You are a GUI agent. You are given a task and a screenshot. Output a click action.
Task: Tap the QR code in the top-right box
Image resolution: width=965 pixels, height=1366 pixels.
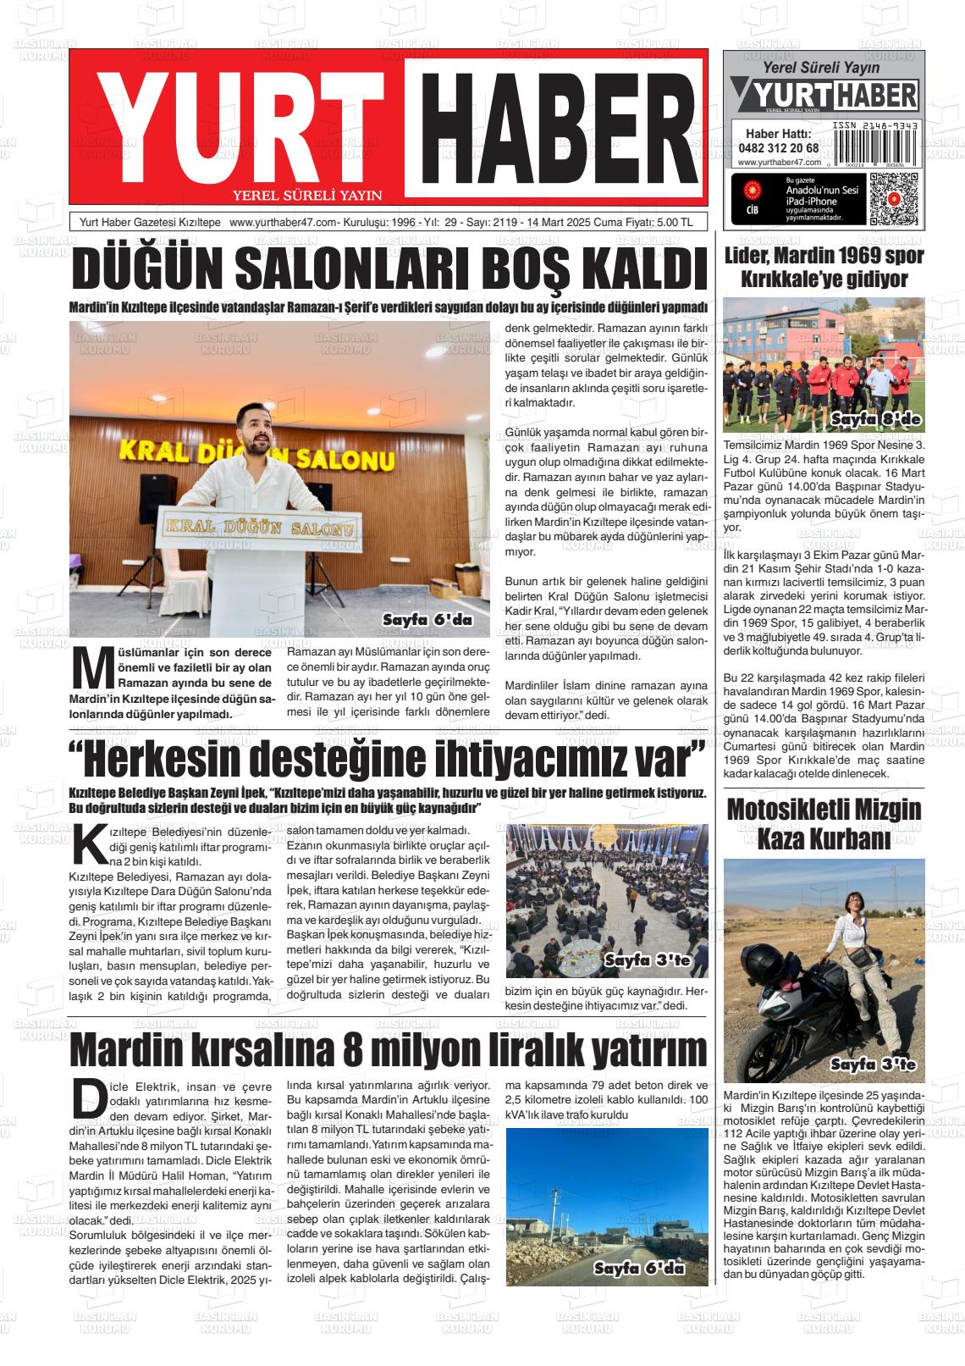[x=893, y=198]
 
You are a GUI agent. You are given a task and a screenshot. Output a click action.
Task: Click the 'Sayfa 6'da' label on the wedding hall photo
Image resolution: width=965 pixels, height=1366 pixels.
[x=427, y=621]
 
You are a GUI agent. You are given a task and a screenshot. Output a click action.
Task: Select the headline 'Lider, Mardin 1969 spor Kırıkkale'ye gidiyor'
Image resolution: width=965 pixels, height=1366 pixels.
[x=823, y=267]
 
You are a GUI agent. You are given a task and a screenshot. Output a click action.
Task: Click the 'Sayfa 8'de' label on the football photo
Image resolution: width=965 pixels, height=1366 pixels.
[x=874, y=420]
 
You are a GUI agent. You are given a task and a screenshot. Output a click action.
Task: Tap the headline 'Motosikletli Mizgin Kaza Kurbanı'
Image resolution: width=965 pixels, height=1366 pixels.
[x=823, y=824]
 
